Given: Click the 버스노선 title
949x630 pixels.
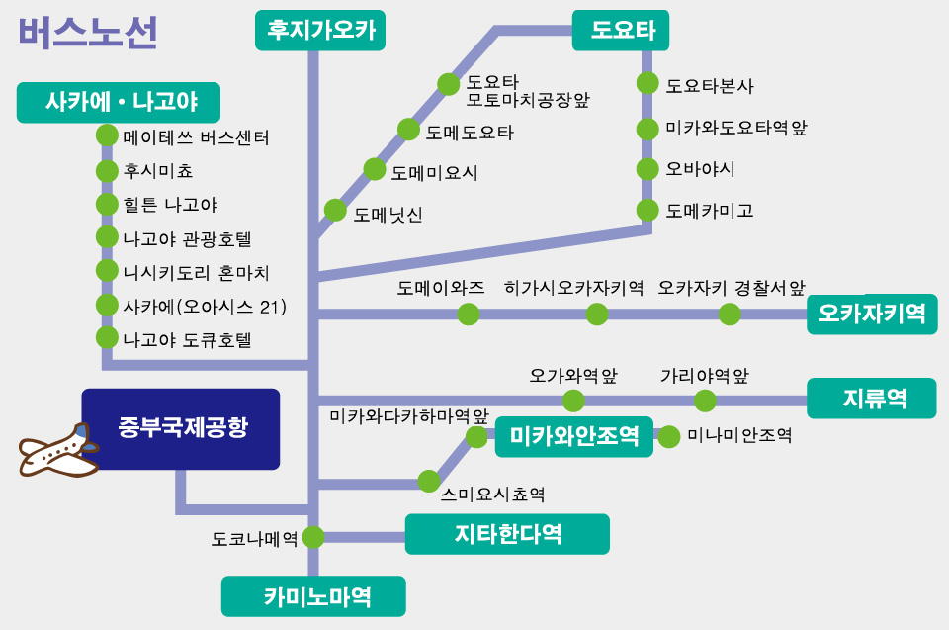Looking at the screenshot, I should (x=87, y=33).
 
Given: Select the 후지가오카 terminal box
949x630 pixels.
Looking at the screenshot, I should (x=319, y=30).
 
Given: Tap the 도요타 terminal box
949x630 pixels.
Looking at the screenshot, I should (x=622, y=30).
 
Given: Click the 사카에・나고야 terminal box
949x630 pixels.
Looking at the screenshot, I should (x=119, y=101).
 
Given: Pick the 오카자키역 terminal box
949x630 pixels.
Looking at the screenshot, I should (x=871, y=315).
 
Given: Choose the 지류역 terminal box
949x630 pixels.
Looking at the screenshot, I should (x=871, y=399).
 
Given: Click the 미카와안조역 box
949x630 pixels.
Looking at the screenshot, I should (x=574, y=436).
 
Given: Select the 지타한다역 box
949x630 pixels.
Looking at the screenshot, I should (x=507, y=534).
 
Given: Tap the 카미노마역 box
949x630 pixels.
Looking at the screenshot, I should (x=313, y=596).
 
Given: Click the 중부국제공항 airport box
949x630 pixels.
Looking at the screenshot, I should (x=181, y=428).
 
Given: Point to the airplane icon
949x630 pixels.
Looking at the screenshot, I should (x=60, y=453).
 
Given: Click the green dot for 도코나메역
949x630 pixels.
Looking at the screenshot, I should (x=313, y=537).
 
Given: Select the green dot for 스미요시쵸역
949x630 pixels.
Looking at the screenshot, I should (x=428, y=482).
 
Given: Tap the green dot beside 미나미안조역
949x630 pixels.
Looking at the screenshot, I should (x=669, y=436).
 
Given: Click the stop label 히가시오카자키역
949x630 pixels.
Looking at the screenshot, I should (x=573, y=289).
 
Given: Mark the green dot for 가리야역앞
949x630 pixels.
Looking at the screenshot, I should (x=705, y=401).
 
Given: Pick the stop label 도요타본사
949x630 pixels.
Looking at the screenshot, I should (x=710, y=86).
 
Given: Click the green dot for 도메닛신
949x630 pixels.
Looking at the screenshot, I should (x=335, y=211).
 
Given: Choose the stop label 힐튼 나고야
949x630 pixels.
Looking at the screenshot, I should (x=170, y=205).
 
